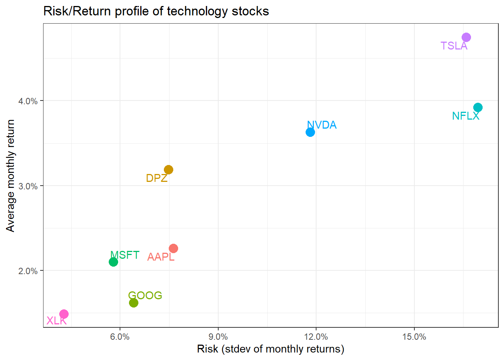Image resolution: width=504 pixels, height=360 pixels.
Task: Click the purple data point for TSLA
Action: [x=466, y=37]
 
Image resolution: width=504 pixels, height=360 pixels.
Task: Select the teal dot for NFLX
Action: [x=478, y=108]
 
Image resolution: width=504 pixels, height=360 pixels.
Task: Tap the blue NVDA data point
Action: [x=310, y=132]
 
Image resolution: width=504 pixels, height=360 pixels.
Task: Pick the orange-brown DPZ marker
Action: [x=169, y=170]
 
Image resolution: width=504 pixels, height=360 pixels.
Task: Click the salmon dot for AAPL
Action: [x=173, y=249]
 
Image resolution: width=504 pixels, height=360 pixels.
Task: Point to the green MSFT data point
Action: [x=113, y=262]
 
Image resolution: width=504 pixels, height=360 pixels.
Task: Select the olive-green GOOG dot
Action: [x=133, y=303]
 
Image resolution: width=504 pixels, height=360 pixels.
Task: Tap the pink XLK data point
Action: [x=64, y=314]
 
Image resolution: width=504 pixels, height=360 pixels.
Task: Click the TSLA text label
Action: [x=454, y=46]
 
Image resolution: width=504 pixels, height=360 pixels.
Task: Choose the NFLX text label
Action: [x=465, y=116]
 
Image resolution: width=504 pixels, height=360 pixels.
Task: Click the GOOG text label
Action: [x=145, y=295]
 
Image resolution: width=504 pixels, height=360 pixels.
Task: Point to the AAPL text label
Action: [x=160, y=257]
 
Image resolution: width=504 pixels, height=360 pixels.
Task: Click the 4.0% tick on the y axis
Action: [x=28, y=101]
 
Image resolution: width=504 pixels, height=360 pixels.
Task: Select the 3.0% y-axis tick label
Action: [x=28, y=186]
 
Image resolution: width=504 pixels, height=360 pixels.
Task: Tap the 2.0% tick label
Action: [x=28, y=271]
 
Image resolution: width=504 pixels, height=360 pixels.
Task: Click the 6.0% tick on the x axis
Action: [x=120, y=337]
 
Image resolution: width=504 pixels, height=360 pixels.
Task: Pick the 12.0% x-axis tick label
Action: [x=316, y=337]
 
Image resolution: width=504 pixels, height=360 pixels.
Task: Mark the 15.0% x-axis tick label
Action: [x=414, y=337]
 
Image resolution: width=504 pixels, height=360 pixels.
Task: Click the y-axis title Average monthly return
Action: [x=10, y=175]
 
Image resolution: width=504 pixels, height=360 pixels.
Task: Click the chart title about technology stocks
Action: [x=156, y=11]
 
